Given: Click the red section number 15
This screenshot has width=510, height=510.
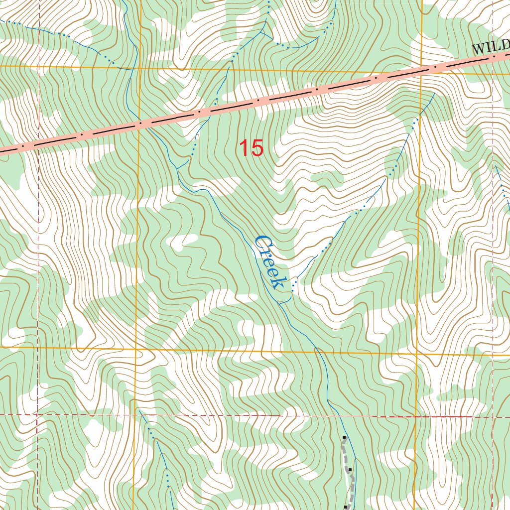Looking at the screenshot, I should click(251, 148).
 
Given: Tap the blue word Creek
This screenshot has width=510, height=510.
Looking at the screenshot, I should click(269, 262).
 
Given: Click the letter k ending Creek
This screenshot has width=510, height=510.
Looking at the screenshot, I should click(277, 282).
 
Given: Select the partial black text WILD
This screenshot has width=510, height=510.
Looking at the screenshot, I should click(491, 47).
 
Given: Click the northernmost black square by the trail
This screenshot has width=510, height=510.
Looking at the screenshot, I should click(344, 438).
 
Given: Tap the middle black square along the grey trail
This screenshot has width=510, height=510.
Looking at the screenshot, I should click(350, 469).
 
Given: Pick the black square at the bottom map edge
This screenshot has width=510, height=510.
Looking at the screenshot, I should click(346, 507).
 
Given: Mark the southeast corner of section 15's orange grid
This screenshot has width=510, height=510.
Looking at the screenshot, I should click(417, 354).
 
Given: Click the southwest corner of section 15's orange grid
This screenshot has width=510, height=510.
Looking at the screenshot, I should click(136, 349).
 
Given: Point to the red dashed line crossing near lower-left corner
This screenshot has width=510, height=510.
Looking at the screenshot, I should click(37, 414).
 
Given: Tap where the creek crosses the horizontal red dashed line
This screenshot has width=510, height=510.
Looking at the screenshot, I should click(332, 414).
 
